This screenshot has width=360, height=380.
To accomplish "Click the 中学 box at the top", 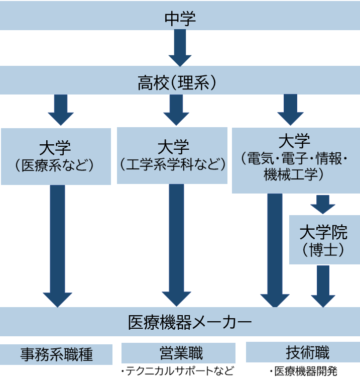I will tap(180, 18).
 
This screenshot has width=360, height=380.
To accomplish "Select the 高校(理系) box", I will tap(180, 81).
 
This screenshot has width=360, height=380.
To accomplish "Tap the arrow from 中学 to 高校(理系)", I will tap(180, 48).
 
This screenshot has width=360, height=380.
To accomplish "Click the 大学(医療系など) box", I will tap(55, 156).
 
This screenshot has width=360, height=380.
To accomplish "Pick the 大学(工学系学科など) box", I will tap(172, 155).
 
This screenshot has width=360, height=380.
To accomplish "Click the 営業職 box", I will tap(178, 352).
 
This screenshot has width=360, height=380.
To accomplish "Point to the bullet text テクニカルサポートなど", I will tap(178, 371).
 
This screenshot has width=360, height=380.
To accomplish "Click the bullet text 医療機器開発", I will tap(304, 371).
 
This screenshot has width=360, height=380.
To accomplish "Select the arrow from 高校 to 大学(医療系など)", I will tap(61, 110).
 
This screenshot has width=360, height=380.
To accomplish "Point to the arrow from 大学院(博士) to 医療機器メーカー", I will tap(322, 286).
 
